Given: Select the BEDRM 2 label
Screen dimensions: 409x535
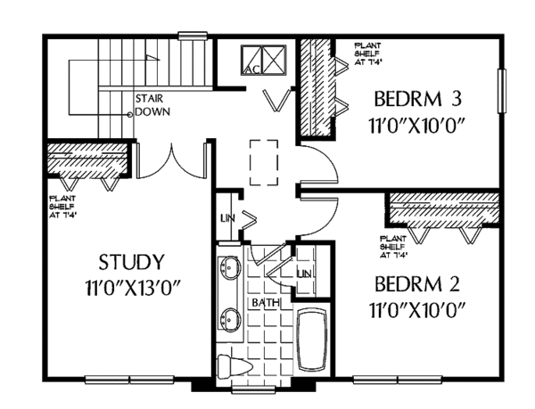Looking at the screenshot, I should (417, 285).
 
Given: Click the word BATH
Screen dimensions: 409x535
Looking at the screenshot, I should (266, 303).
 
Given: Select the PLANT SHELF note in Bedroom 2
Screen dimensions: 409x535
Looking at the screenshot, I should (394, 247).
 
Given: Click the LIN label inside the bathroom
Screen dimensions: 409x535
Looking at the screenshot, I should (305, 272).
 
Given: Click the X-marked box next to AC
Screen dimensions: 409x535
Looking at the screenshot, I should (275, 60).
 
